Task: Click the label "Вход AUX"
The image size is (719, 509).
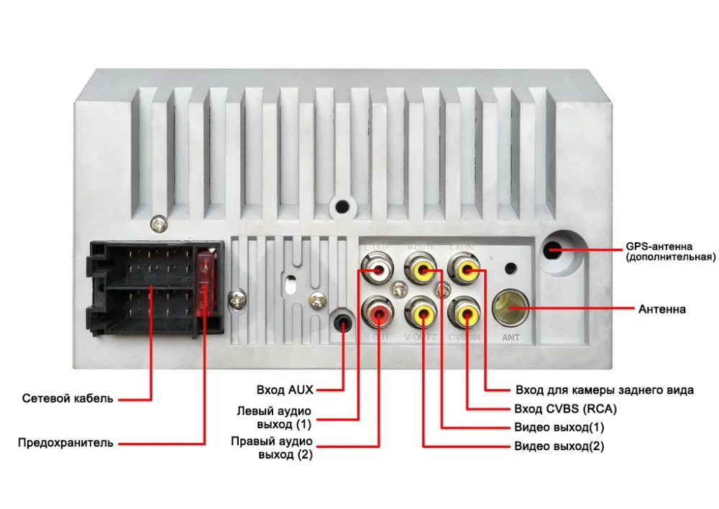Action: tap(285, 390)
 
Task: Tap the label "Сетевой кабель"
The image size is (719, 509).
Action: tap(67, 398)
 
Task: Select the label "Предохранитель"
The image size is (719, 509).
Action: tap(65, 443)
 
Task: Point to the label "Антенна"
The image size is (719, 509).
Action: tap(661, 310)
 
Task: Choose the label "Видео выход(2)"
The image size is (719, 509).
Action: tap(559, 446)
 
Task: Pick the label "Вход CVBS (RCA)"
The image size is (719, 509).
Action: tap(565, 409)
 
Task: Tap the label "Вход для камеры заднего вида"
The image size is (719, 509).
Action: tap(604, 390)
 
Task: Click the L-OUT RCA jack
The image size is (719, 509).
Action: tap(377, 271)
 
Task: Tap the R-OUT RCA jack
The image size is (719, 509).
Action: tap(377, 313)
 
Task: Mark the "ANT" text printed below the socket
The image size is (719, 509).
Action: tap(510, 337)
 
